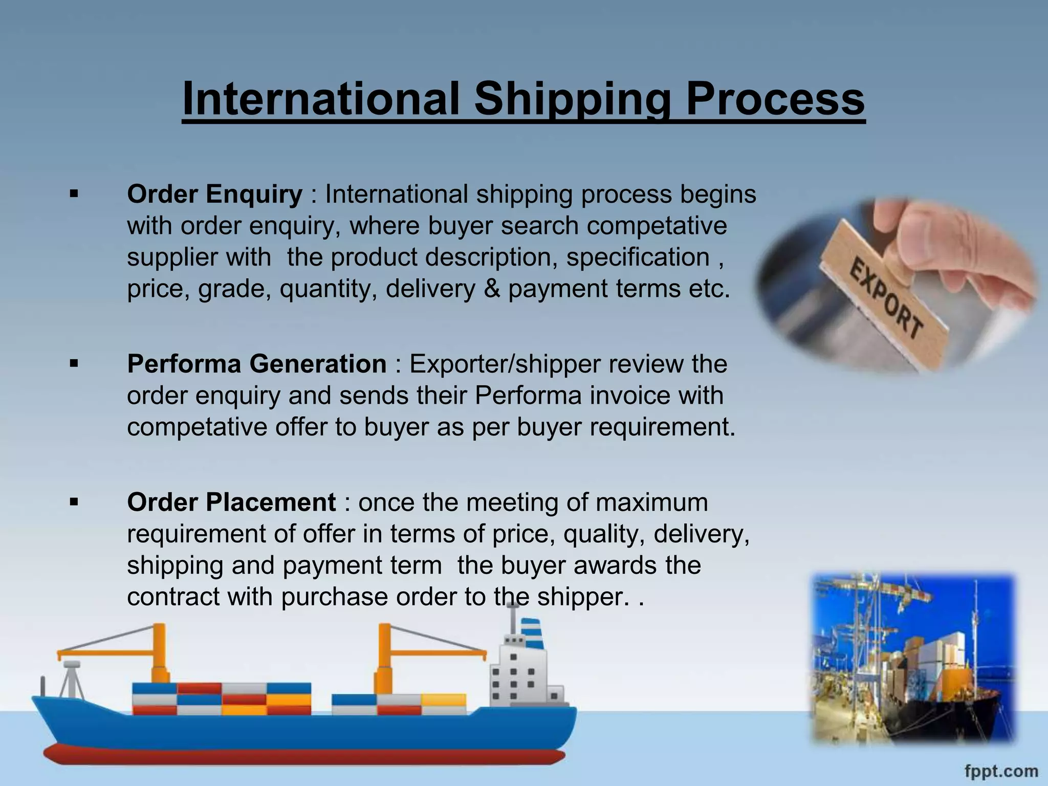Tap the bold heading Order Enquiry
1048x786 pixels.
(x=214, y=194)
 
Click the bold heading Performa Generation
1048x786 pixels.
(x=256, y=364)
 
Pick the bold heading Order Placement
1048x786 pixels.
(x=231, y=503)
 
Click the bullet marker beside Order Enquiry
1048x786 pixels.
(x=74, y=194)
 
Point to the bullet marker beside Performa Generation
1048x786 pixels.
(x=74, y=364)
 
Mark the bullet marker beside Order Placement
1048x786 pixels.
(x=74, y=503)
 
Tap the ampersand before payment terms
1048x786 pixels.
(x=491, y=289)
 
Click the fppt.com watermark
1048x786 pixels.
(x=1001, y=771)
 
